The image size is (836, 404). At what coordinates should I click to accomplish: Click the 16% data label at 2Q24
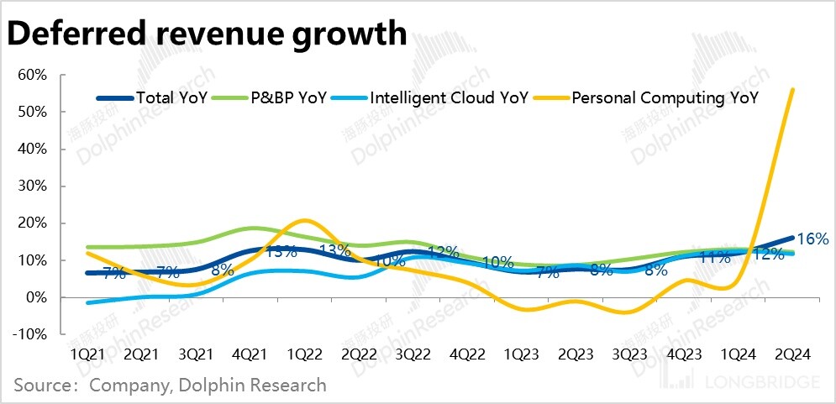click(x=812, y=239)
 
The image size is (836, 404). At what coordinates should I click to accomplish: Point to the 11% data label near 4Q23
click(x=714, y=258)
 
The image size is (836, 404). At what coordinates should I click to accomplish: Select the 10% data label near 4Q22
click(x=497, y=262)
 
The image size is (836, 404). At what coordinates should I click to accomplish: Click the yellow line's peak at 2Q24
click(x=793, y=90)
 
